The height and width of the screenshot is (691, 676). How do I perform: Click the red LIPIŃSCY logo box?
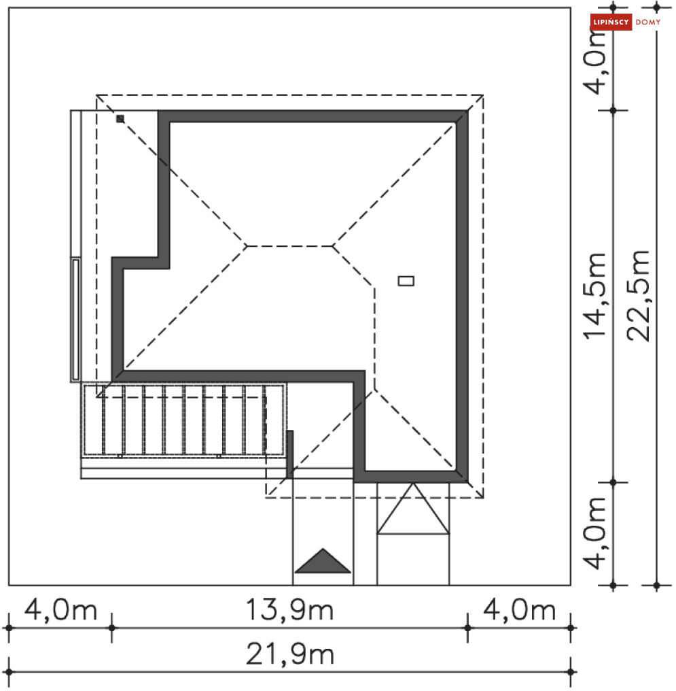click(x=611, y=22)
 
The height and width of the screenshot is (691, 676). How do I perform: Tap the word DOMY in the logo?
click(x=648, y=22)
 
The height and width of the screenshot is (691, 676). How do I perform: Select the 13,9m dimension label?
click(x=289, y=610)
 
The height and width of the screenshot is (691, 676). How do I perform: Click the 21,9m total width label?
click(x=290, y=654)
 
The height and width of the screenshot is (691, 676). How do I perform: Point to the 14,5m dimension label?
click(x=594, y=296)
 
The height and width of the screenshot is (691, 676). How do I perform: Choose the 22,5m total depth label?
click(x=638, y=296)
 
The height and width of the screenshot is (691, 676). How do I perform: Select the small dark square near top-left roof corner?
click(x=120, y=119)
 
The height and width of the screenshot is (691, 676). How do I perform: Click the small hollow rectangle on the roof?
click(x=406, y=281)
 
